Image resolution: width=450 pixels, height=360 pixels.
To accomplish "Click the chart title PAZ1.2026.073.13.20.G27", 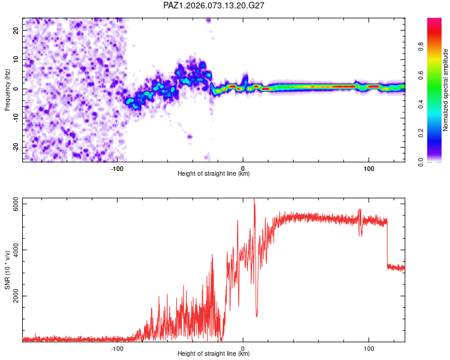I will [214, 5].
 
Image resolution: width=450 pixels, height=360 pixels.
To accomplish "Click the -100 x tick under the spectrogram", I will [117, 167].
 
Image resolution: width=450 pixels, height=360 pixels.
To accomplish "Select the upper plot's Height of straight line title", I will [214, 174].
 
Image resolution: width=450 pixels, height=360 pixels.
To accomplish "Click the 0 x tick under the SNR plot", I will [243, 347].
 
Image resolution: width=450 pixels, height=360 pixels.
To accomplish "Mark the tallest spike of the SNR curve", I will [254, 200].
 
